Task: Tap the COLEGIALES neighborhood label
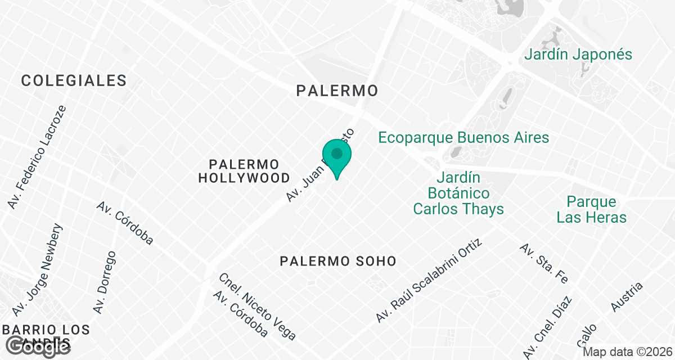[74, 80]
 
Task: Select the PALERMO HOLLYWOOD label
[244, 171]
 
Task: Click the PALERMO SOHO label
[338, 261]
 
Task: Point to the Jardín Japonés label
[578, 55]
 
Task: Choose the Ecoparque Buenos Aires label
[463, 137]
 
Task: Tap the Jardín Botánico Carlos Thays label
[458, 193]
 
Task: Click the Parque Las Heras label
[591, 209]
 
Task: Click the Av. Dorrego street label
[105, 282]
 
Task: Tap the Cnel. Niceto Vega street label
[258, 307]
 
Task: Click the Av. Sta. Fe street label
[544, 263]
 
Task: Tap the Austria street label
[627, 296]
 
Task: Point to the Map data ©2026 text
[627, 352]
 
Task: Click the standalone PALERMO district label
[337, 90]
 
